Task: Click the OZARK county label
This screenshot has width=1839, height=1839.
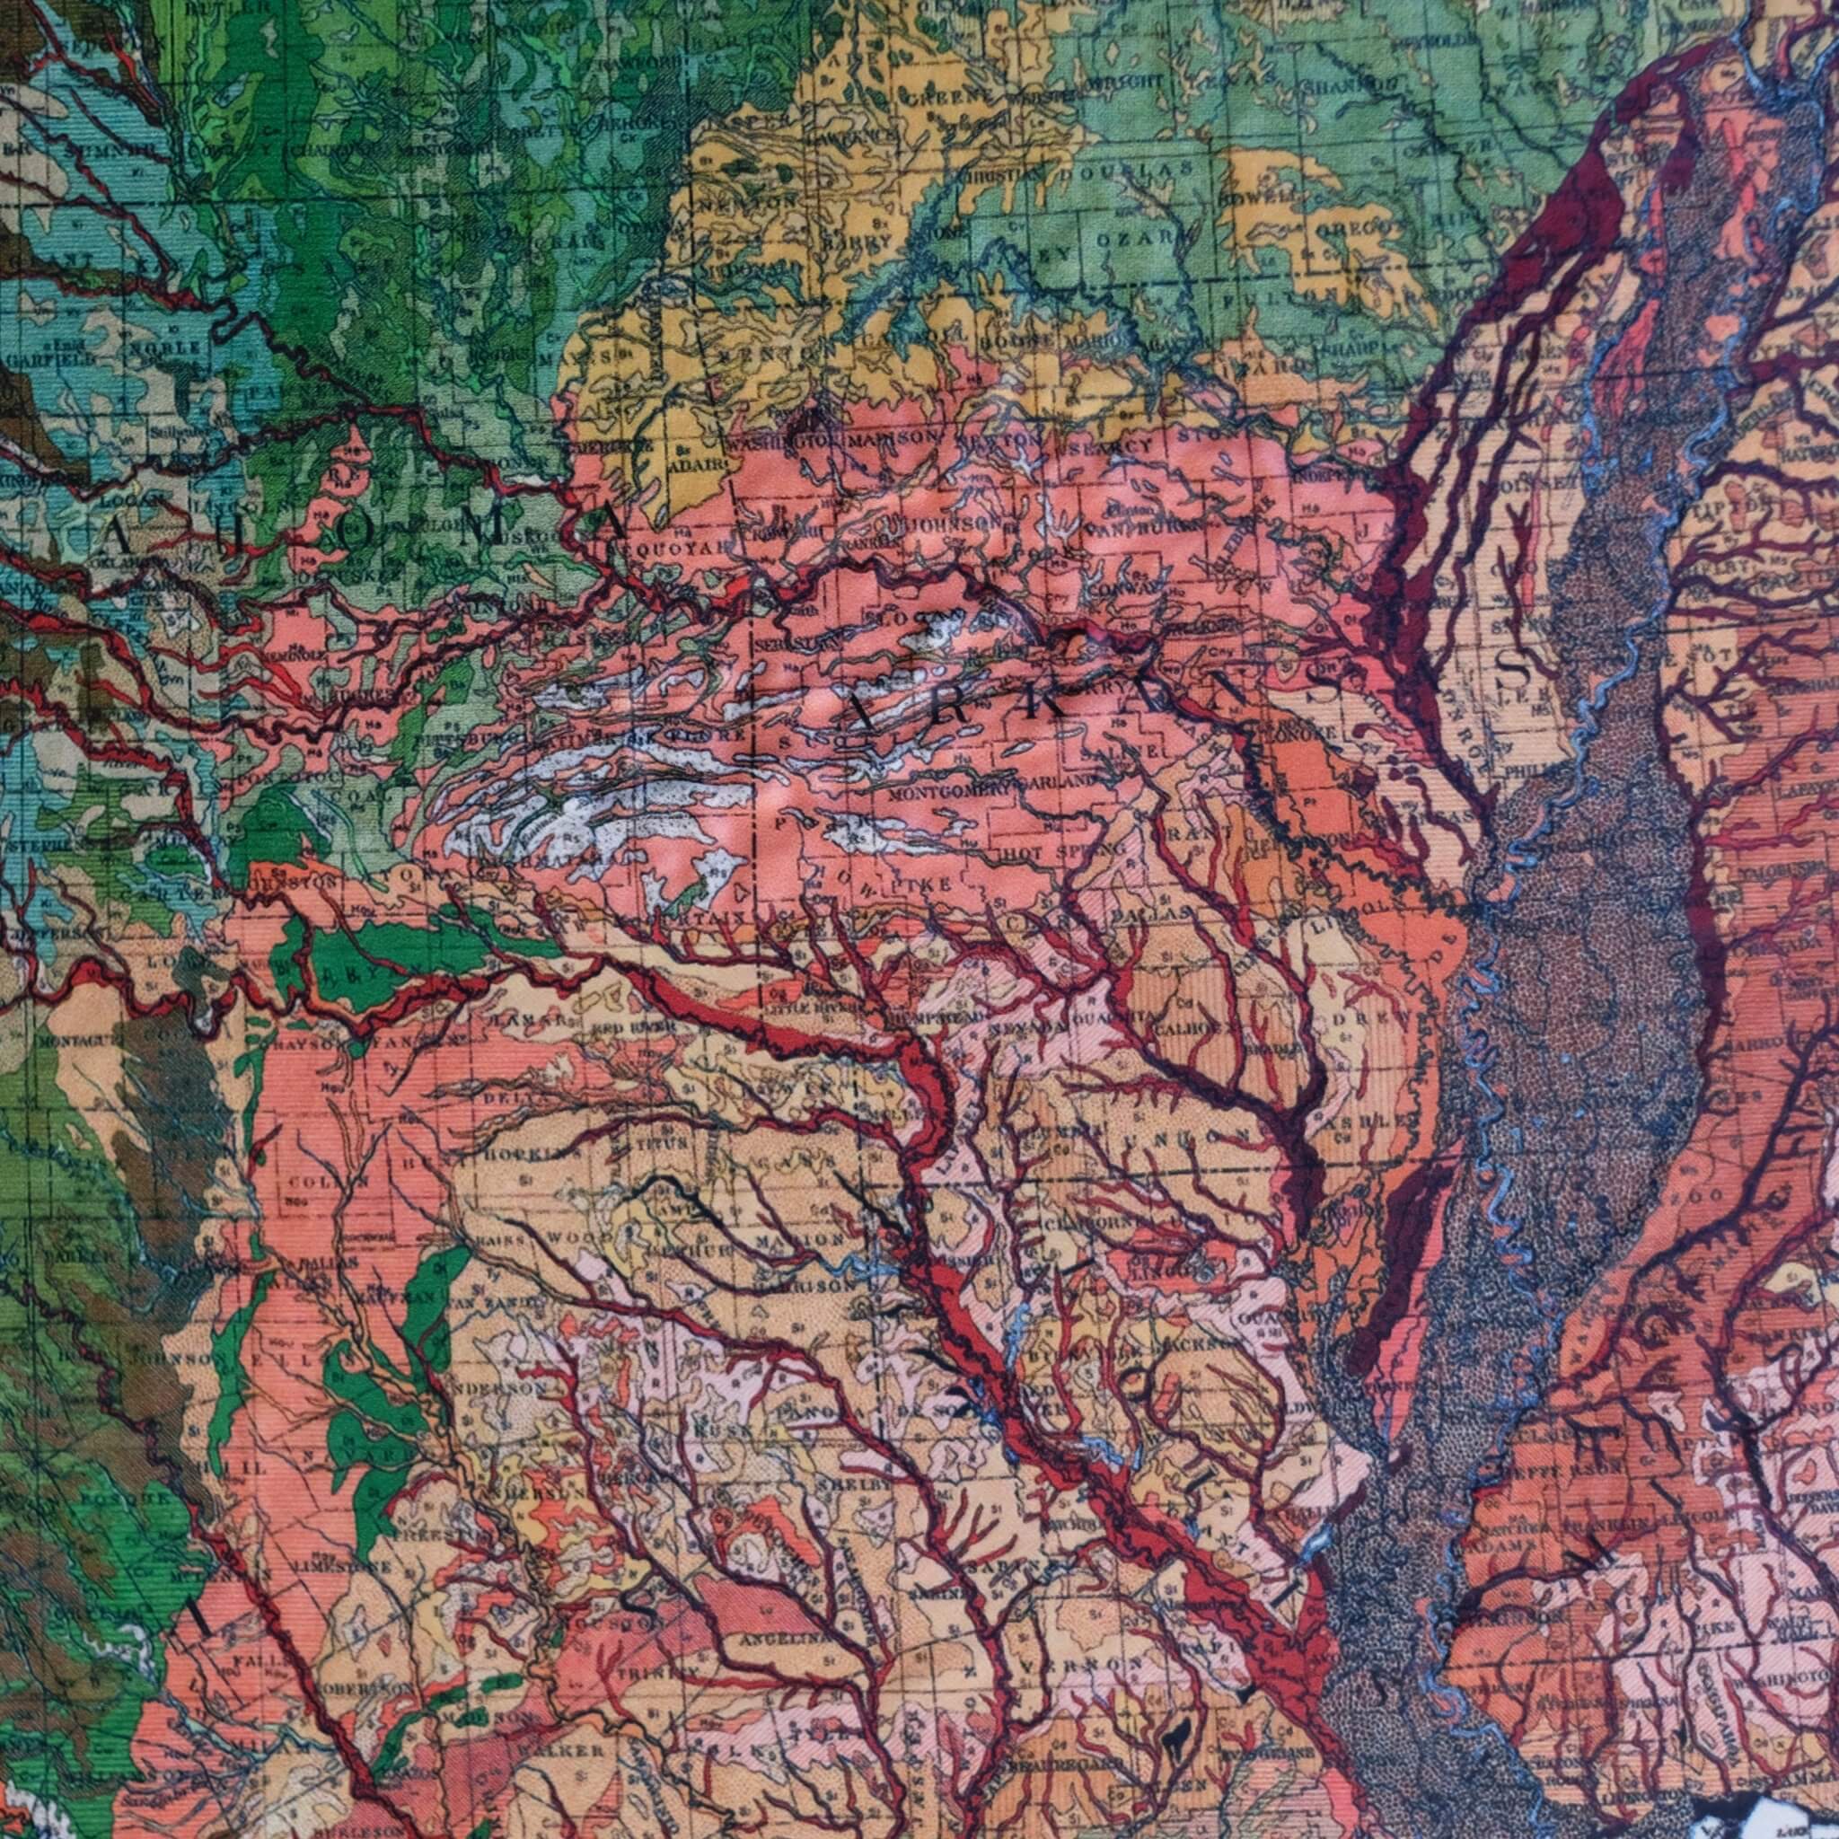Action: [x=1141, y=238]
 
